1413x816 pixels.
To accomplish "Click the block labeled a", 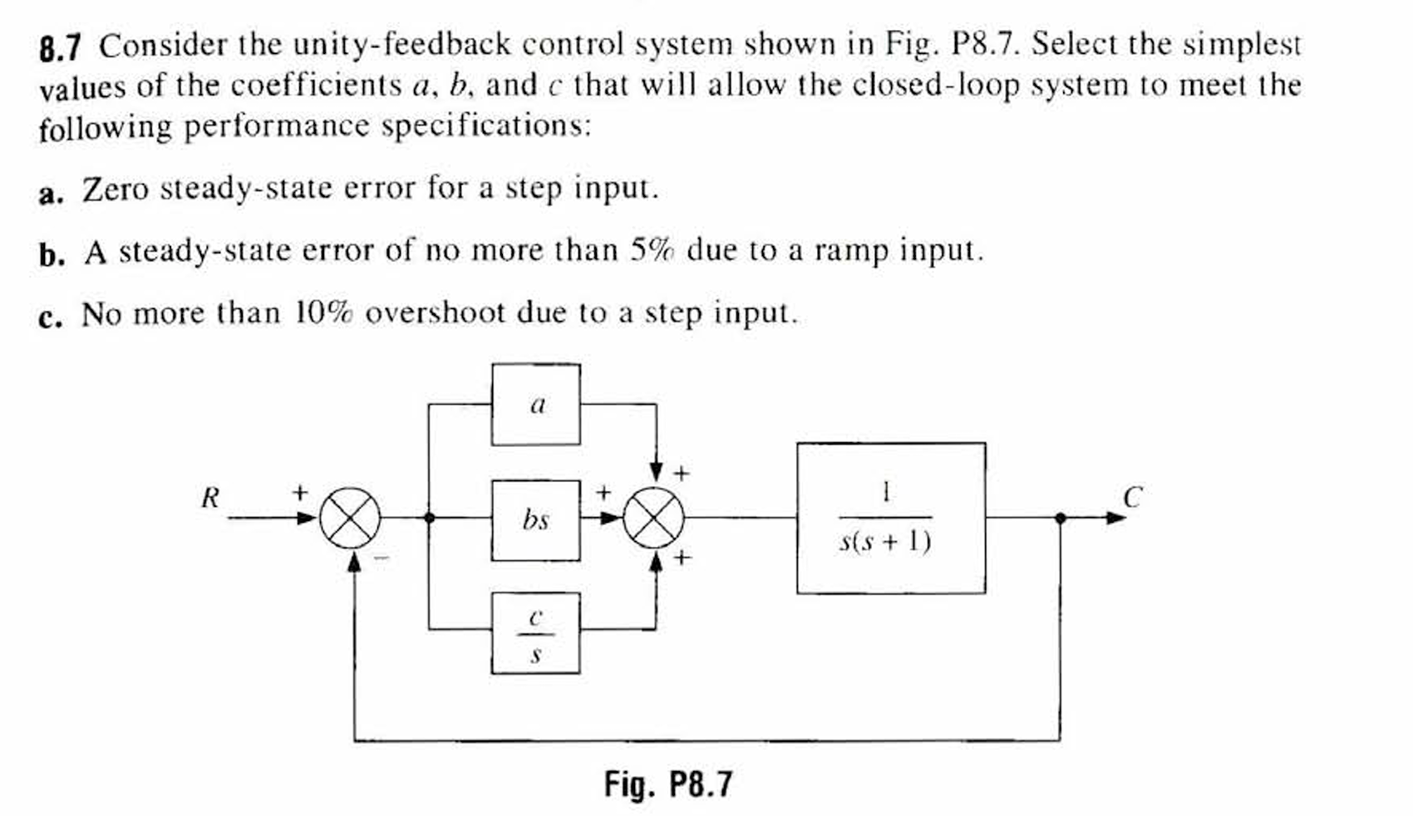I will [535, 405].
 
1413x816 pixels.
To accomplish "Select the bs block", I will [535, 520].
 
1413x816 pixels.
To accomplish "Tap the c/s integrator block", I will [535, 633].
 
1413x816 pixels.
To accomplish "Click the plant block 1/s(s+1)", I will [890, 518].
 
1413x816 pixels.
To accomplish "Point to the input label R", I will [210, 499].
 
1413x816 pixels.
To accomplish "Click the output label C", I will [1132, 498].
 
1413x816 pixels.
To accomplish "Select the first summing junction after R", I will [350, 518].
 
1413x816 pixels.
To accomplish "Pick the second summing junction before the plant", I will [655, 518].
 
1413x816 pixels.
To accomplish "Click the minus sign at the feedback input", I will [381, 558].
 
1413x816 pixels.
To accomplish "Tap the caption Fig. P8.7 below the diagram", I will [668, 784].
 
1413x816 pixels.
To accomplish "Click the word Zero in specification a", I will [115, 189].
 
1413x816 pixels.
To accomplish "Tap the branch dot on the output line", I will [1060, 518].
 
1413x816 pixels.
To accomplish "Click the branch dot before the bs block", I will [429, 518].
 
